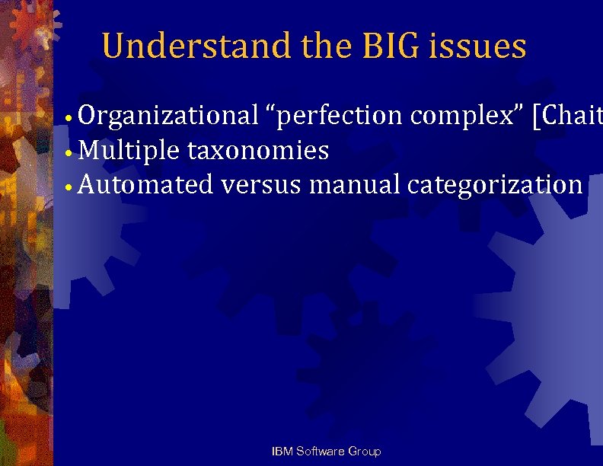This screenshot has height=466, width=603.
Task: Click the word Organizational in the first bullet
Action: [x=168, y=116]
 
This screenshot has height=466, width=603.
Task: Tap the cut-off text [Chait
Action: [x=567, y=116]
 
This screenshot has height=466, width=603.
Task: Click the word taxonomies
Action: [x=258, y=151]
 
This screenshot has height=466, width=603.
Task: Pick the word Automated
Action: [x=145, y=184]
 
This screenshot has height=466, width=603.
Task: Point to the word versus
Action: [x=261, y=184]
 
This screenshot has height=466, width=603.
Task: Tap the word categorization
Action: [x=496, y=184]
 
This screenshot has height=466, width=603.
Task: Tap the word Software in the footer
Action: [x=320, y=452]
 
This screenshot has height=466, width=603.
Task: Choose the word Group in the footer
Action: [x=364, y=452]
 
